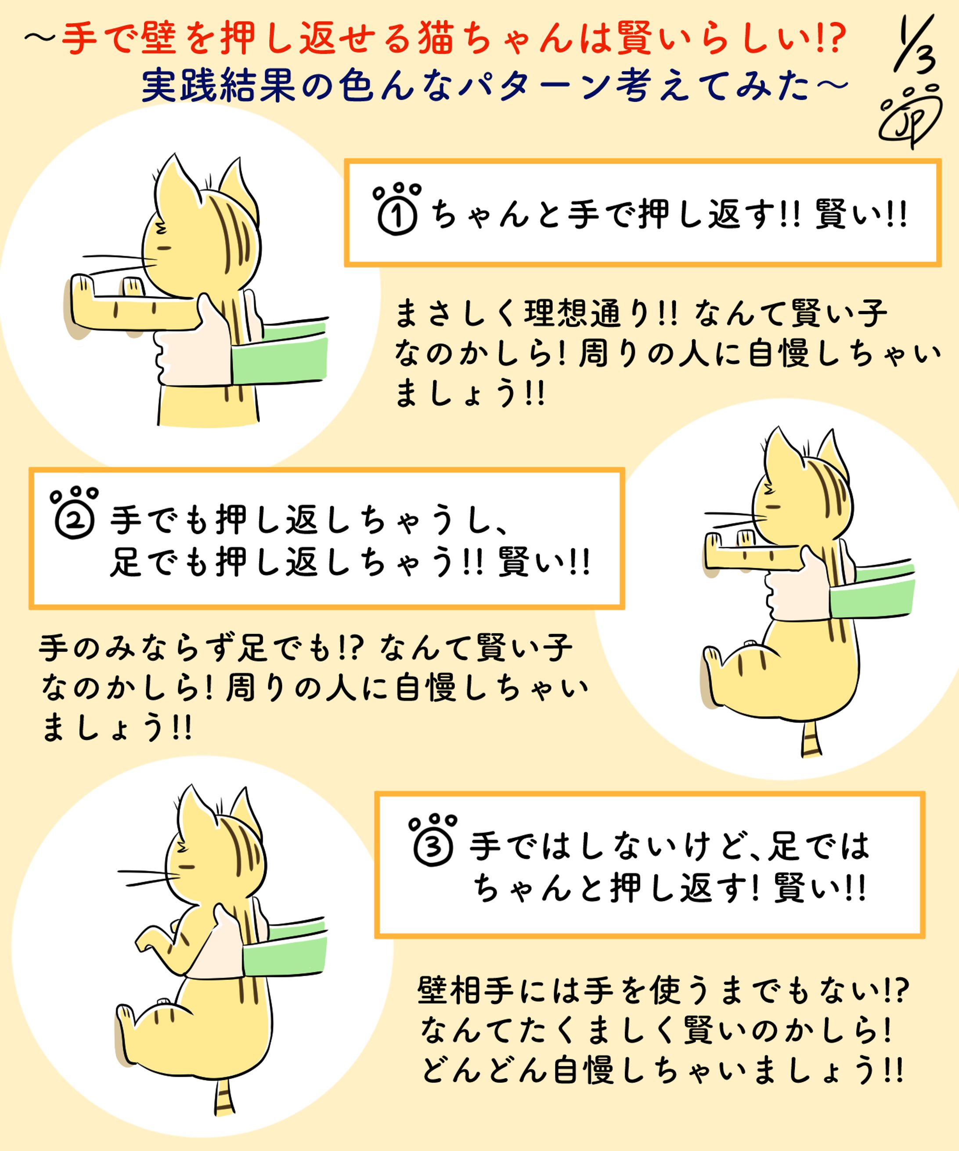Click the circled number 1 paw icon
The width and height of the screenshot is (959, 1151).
[397, 210]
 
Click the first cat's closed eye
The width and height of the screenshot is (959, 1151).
[164, 248]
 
